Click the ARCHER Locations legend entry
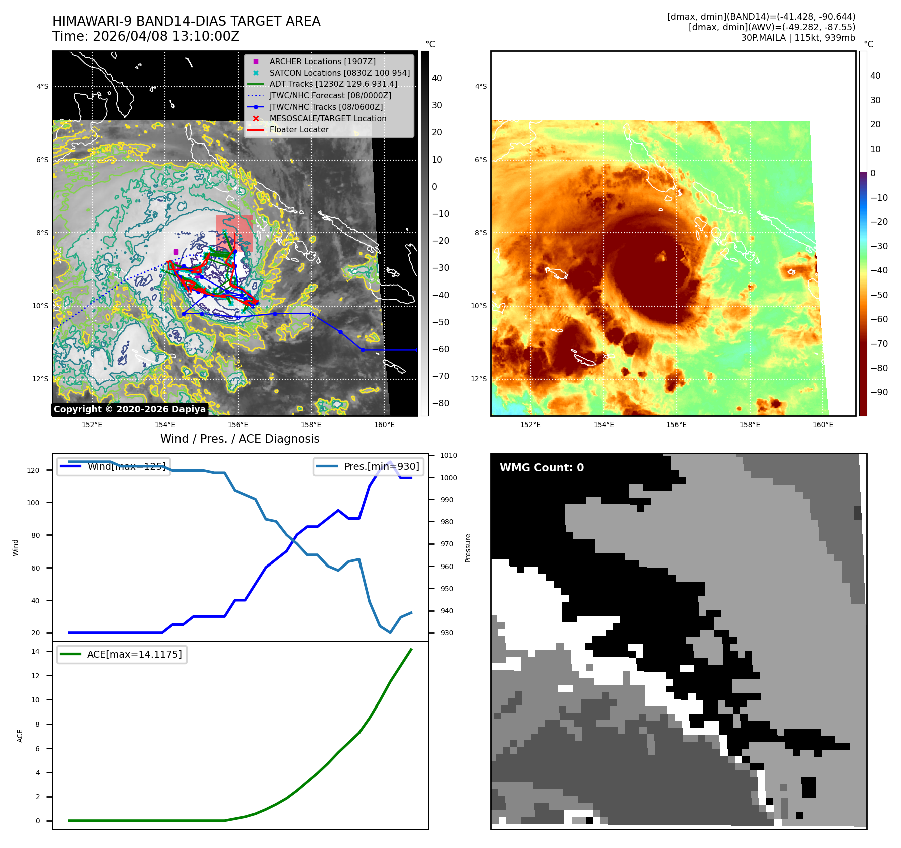click(x=322, y=61)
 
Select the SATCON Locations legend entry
click(x=339, y=73)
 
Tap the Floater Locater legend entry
click(x=299, y=129)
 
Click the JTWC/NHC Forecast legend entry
click(x=330, y=95)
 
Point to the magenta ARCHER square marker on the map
click(x=176, y=252)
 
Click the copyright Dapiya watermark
click(x=129, y=409)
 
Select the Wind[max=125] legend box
click(x=113, y=466)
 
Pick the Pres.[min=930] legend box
click(x=369, y=466)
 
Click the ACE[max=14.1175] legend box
click(x=122, y=654)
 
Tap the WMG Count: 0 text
click(x=542, y=468)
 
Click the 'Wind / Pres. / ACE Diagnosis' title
click(x=240, y=439)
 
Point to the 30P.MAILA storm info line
click(x=798, y=38)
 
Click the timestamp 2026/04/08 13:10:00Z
click(x=166, y=37)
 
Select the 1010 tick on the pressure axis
click(x=449, y=455)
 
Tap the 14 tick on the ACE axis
click(x=35, y=651)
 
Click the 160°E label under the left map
click(x=384, y=425)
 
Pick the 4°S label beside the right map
click(x=481, y=86)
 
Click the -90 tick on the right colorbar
click(x=879, y=392)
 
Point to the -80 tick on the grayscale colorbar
click(x=441, y=403)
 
